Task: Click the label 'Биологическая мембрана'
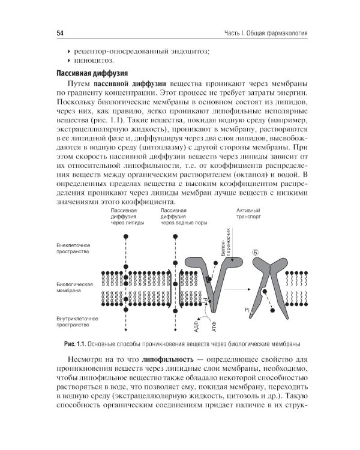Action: pyautogui.click(x=74, y=286)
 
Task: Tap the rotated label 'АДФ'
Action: pyautogui.click(x=196, y=326)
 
